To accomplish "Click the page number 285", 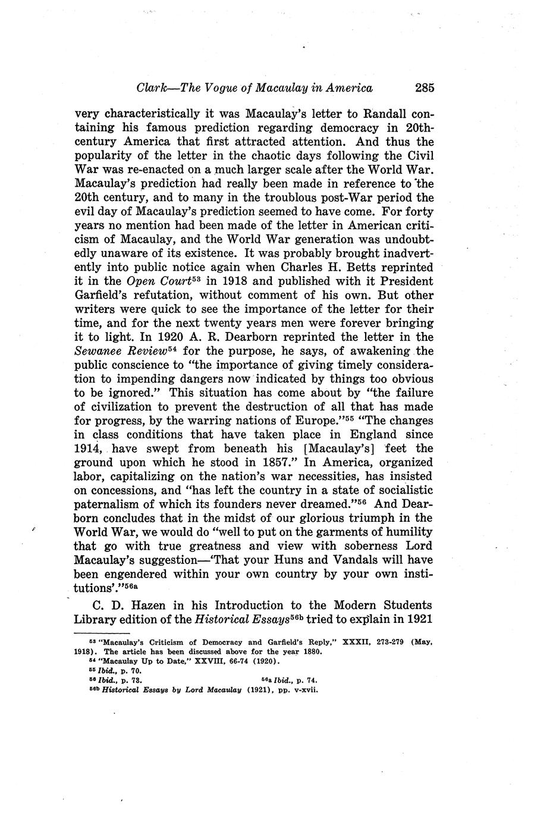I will [x=425, y=88].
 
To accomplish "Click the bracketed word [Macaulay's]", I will [x=323, y=448].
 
